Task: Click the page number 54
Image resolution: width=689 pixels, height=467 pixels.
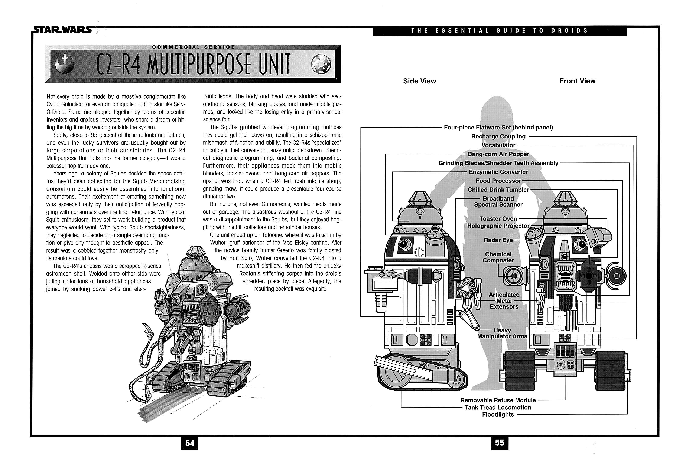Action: pyautogui.click(x=190, y=443)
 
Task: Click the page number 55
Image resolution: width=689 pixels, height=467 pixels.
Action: pyautogui.click(x=500, y=443)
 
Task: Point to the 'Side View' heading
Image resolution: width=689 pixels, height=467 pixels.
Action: pyautogui.click(x=419, y=81)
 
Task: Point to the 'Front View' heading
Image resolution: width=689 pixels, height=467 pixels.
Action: pyautogui.click(x=577, y=81)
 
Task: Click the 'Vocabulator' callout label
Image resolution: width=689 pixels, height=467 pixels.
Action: pyautogui.click(x=498, y=145)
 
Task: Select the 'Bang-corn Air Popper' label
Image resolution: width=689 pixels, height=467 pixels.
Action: pyautogui.click(x=498, y=154)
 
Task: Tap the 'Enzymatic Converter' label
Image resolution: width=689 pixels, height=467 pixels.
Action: pyautogui.click(x=498, y=172)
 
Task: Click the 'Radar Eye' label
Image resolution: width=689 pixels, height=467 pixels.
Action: pyautogui.click(x=498, y=240)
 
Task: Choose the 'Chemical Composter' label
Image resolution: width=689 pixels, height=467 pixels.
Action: pyautogui.click(x=498, y=257)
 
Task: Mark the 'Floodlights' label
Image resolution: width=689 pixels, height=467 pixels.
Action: pyautogui.click(x=498, y=414)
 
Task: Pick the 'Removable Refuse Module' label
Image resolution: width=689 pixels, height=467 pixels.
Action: pyautogui.click(x=498, y=400)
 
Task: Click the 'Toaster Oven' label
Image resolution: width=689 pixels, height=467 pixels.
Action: pyautogui.click(x=498, y=219)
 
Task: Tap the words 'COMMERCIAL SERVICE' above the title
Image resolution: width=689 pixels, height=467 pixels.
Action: pyautogui.click(x=193, y=47)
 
